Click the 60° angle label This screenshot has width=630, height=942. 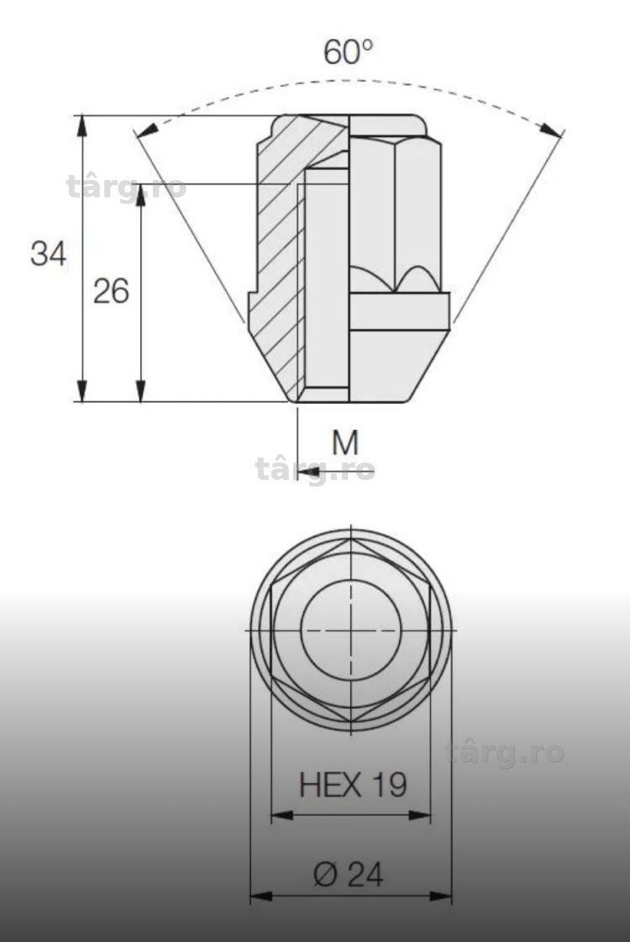pos(348,51)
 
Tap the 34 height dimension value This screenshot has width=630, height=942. pos(48,253)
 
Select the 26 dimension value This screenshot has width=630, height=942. pos(111,291)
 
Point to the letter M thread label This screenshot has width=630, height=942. pos(345,442)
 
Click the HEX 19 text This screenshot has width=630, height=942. pos(353,785)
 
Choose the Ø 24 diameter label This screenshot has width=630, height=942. pos(348,874)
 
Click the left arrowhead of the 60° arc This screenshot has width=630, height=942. pos(148,130)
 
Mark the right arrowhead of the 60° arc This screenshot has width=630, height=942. pos(551,130)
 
